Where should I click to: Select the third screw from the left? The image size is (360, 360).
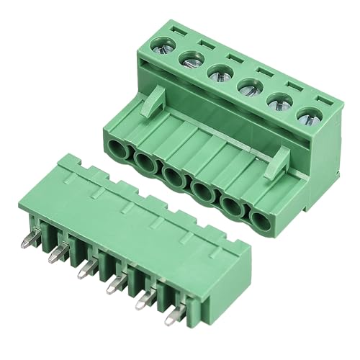point(219,74)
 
